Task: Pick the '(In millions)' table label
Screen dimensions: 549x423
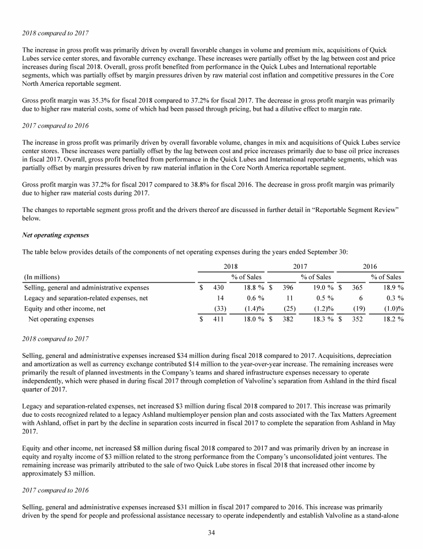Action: pos(42,276)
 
